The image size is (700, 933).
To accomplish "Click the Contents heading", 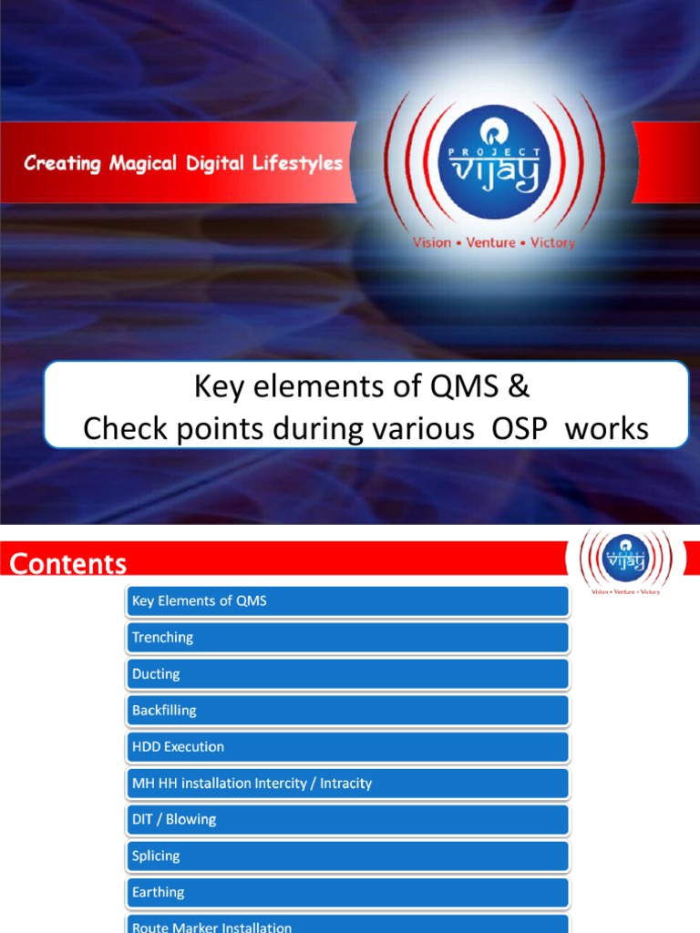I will point(68,564).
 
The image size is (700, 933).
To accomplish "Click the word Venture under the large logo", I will point(490,243).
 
